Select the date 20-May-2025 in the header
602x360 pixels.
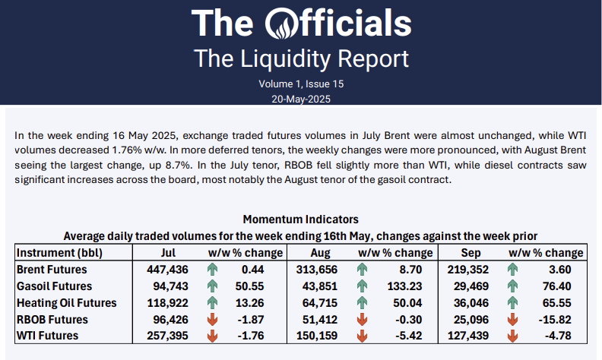click(301, 99)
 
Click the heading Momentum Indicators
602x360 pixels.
click(300, 219)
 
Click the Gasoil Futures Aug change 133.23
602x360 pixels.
click(408, 286)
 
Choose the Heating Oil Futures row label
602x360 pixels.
click(66, 302)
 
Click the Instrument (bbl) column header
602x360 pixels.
click(59, 252)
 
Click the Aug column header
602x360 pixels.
click(321, 252)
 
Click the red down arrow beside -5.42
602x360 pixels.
click(361, 336)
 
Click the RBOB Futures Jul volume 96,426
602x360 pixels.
click(176, 319)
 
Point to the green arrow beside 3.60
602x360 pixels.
click(513, 269)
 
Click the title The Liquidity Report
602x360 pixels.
click(301, 58)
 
